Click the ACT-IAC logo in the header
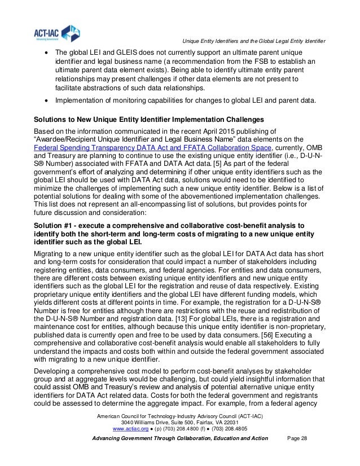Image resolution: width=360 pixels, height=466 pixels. (50, 33)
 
